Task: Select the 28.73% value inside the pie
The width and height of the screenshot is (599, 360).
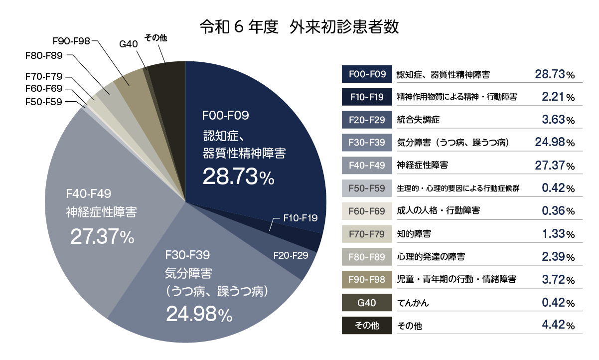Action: click(238, 177)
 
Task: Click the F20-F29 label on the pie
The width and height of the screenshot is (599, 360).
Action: click(291, 255)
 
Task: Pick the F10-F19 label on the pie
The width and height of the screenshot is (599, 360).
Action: click(300, 218)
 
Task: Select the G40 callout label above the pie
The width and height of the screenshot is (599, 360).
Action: click(129, 44)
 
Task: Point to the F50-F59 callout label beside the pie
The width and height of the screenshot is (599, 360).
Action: click(43, 102)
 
